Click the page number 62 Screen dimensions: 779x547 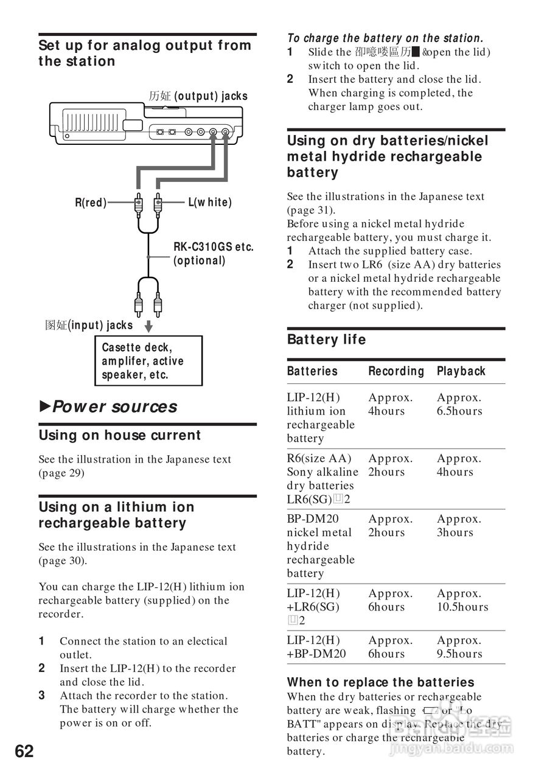click(24, 751)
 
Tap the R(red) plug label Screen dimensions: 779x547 click(91, 203)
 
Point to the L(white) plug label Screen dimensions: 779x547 click(210, 203)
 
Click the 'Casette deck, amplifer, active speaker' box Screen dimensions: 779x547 click(148, 361)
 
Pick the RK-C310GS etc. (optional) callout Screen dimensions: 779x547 click(213, 254)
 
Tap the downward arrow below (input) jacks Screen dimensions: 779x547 click(148, 327)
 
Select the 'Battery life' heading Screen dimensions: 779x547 click(326, 340)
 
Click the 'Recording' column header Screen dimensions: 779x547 click(396, 371)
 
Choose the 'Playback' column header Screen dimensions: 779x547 click(461, 371)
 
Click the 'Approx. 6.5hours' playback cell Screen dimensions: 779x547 click(459, 405)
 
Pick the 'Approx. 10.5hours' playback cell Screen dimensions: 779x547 click(462, 600)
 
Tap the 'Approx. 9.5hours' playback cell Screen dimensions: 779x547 click(459, 647)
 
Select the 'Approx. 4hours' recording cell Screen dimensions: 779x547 click(390, 405)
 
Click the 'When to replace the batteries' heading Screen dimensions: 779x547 click(380, 682)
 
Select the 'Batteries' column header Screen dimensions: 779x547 click(312, 371)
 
